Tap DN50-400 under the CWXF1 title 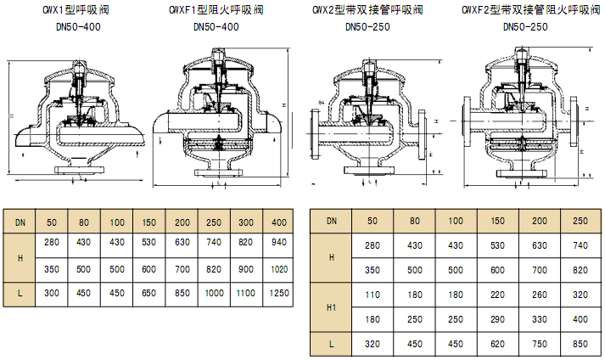tap(216, 26)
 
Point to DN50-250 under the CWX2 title tap(369, 26)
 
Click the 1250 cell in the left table tap(277, 292)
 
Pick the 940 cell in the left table tap(277, 244)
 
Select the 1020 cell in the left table tap(277, 268)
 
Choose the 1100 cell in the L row tap(244, 292)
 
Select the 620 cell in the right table tap(497, 345)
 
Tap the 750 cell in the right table tap(539, 345)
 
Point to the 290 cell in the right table tap(497, 319)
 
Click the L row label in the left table tap(20, 292)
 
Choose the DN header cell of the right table tap(332, 221)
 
